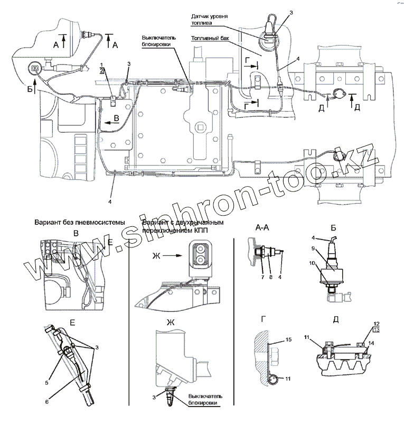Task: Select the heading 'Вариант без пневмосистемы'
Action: tap(79, 223)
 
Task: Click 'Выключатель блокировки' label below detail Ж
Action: tap(197, 399)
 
